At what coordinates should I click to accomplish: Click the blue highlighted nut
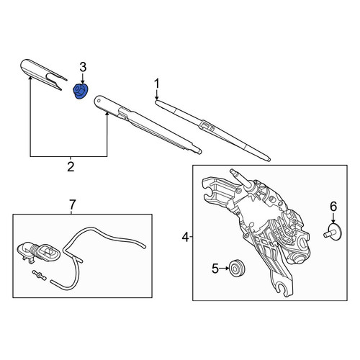click(81, 91)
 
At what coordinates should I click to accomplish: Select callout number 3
click(83, 68)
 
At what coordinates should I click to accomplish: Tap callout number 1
click(157, 84)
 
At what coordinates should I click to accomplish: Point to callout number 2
click(71, 167)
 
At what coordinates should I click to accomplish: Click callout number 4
click(185, 238)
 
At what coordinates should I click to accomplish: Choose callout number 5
click(215, 269)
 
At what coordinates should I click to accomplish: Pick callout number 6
click(333, 207)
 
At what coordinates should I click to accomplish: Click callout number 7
click(72, 204)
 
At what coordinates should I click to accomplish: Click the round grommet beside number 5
click(236, 268)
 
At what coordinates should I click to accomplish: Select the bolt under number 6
click(333, 232)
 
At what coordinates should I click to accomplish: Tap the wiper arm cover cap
click(43, 74)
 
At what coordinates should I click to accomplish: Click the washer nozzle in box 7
click(39, 253)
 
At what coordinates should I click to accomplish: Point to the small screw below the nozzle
click(38, 275)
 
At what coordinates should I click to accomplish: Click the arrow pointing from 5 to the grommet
click(224, 269)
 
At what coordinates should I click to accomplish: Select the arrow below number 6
click(333, 217)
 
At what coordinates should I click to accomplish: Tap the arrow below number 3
click(83, 78)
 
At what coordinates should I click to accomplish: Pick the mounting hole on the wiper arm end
click(98, 100)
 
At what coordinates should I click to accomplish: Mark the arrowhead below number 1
click(157, 98)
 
